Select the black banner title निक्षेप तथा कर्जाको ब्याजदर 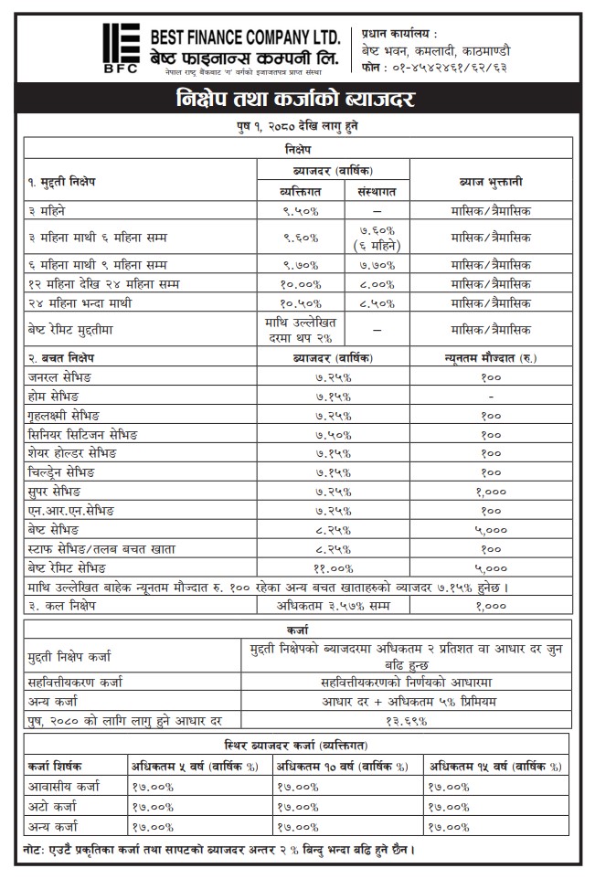point(297,98)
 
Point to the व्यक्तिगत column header point(301,191)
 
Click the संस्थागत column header point(376,191)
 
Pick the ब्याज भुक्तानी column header point(490,181)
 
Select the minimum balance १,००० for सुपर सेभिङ point(490,491)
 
